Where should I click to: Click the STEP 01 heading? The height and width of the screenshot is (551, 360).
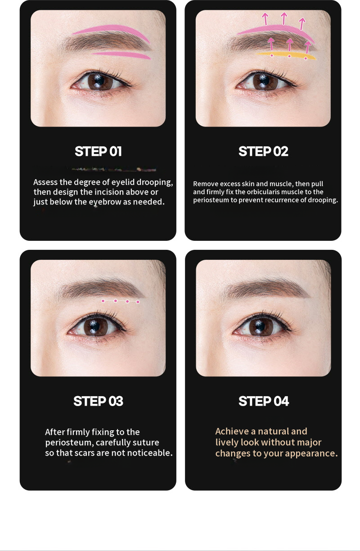[98, 151]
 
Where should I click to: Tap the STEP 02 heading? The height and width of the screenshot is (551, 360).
[263, 151]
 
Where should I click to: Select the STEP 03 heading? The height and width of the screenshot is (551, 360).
[98, 401]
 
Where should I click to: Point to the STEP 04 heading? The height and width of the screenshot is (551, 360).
[264, 401]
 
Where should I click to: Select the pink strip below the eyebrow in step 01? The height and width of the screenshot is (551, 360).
[121, 55]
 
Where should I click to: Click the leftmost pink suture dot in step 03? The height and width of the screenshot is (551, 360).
[103, 301]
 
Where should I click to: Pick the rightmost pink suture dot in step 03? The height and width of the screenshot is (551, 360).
[138, 302]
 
